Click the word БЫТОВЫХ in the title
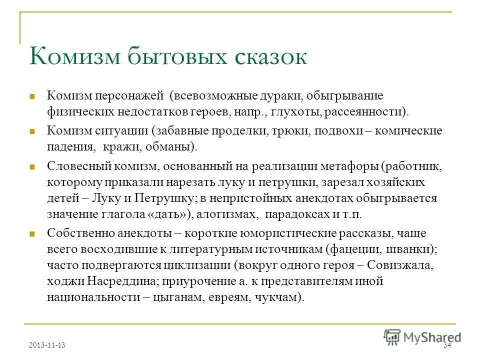click(x=167, y=56)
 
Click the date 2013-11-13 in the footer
click(x=47, y=345)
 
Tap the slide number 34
click(x=446, y=346)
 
